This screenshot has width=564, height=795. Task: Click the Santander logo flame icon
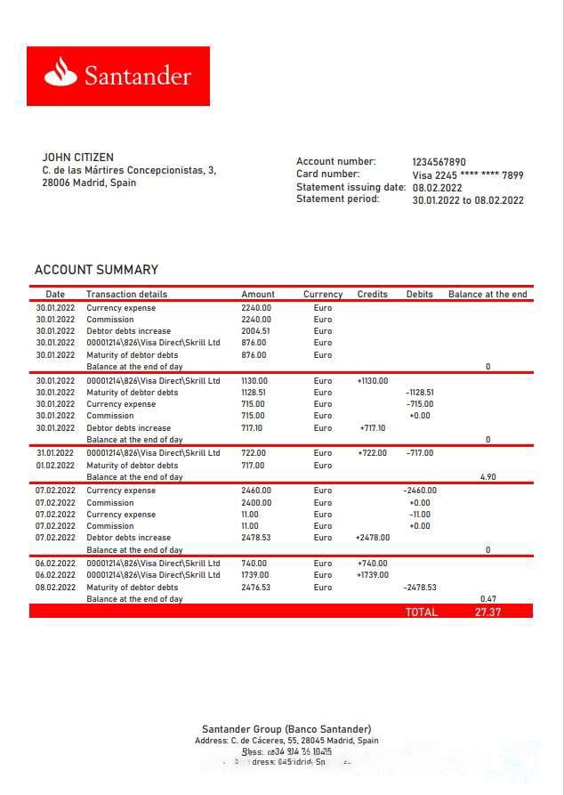[61, 72]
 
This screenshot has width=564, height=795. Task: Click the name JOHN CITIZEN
[77, 158]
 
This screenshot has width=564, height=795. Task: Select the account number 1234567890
[439, 162]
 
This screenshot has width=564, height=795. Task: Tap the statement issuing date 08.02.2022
[437, 188]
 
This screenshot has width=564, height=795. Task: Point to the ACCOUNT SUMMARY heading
[96, 270]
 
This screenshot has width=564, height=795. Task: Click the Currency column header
[323, 295]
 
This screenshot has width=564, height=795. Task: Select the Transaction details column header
[126, 295]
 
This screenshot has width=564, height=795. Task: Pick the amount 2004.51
[255, 331]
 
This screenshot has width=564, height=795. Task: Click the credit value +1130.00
[373, 381]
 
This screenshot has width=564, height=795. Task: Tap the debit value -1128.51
[420, 393]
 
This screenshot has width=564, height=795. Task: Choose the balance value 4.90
[487, 477]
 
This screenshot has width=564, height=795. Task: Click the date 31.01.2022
[55, 453]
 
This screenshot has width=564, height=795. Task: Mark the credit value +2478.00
[373, 538]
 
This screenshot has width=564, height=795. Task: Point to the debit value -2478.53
[420, 588]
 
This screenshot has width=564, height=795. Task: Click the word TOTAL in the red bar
[422, 612]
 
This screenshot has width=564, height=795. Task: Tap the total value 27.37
[487, 612]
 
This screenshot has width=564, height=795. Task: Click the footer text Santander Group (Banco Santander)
[286, 729]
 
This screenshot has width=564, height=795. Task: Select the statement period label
[337, 199]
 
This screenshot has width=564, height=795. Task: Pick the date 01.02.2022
[55, 466]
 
